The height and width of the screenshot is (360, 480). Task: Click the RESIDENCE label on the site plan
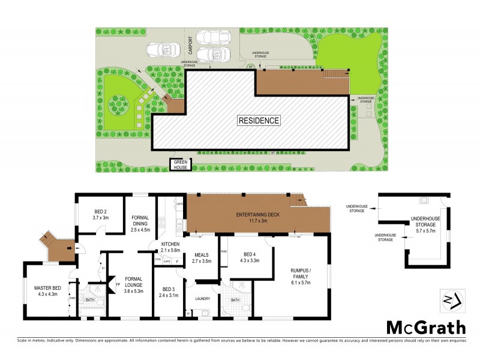point(259,120)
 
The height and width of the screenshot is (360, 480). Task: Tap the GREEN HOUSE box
point(181,164)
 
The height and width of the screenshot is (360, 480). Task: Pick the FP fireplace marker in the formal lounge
point(118,286)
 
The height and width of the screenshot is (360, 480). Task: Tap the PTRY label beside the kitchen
point(158,259)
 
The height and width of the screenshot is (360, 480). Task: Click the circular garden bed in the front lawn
point(116,106)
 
